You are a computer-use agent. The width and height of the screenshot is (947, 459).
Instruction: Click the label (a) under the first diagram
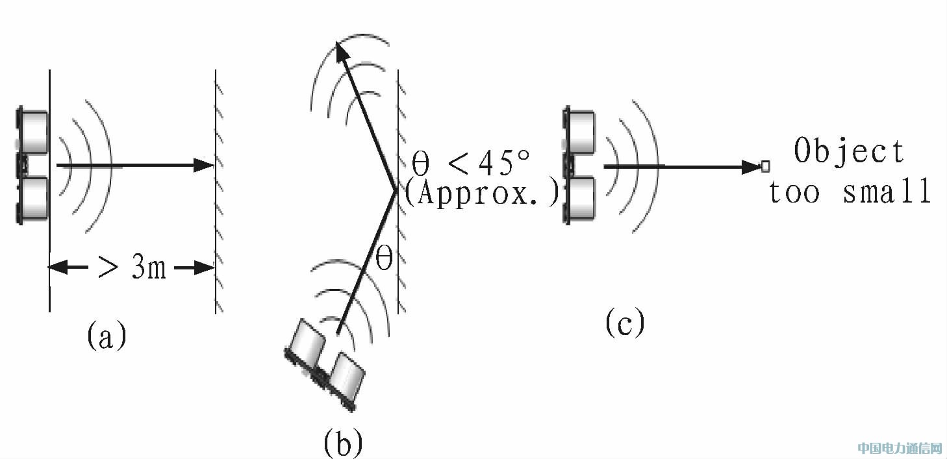107,337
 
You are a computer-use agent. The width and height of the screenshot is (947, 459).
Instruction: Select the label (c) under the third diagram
625,323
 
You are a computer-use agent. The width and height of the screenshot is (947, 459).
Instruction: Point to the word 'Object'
849,151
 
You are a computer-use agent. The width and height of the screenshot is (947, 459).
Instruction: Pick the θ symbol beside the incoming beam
385,259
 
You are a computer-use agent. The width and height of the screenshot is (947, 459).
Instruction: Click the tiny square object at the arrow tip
765,166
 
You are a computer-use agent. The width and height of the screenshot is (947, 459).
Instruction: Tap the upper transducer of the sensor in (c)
581,132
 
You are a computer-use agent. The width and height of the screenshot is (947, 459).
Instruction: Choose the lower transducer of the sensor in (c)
581,199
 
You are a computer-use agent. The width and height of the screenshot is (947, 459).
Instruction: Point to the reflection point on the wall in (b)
396,190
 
